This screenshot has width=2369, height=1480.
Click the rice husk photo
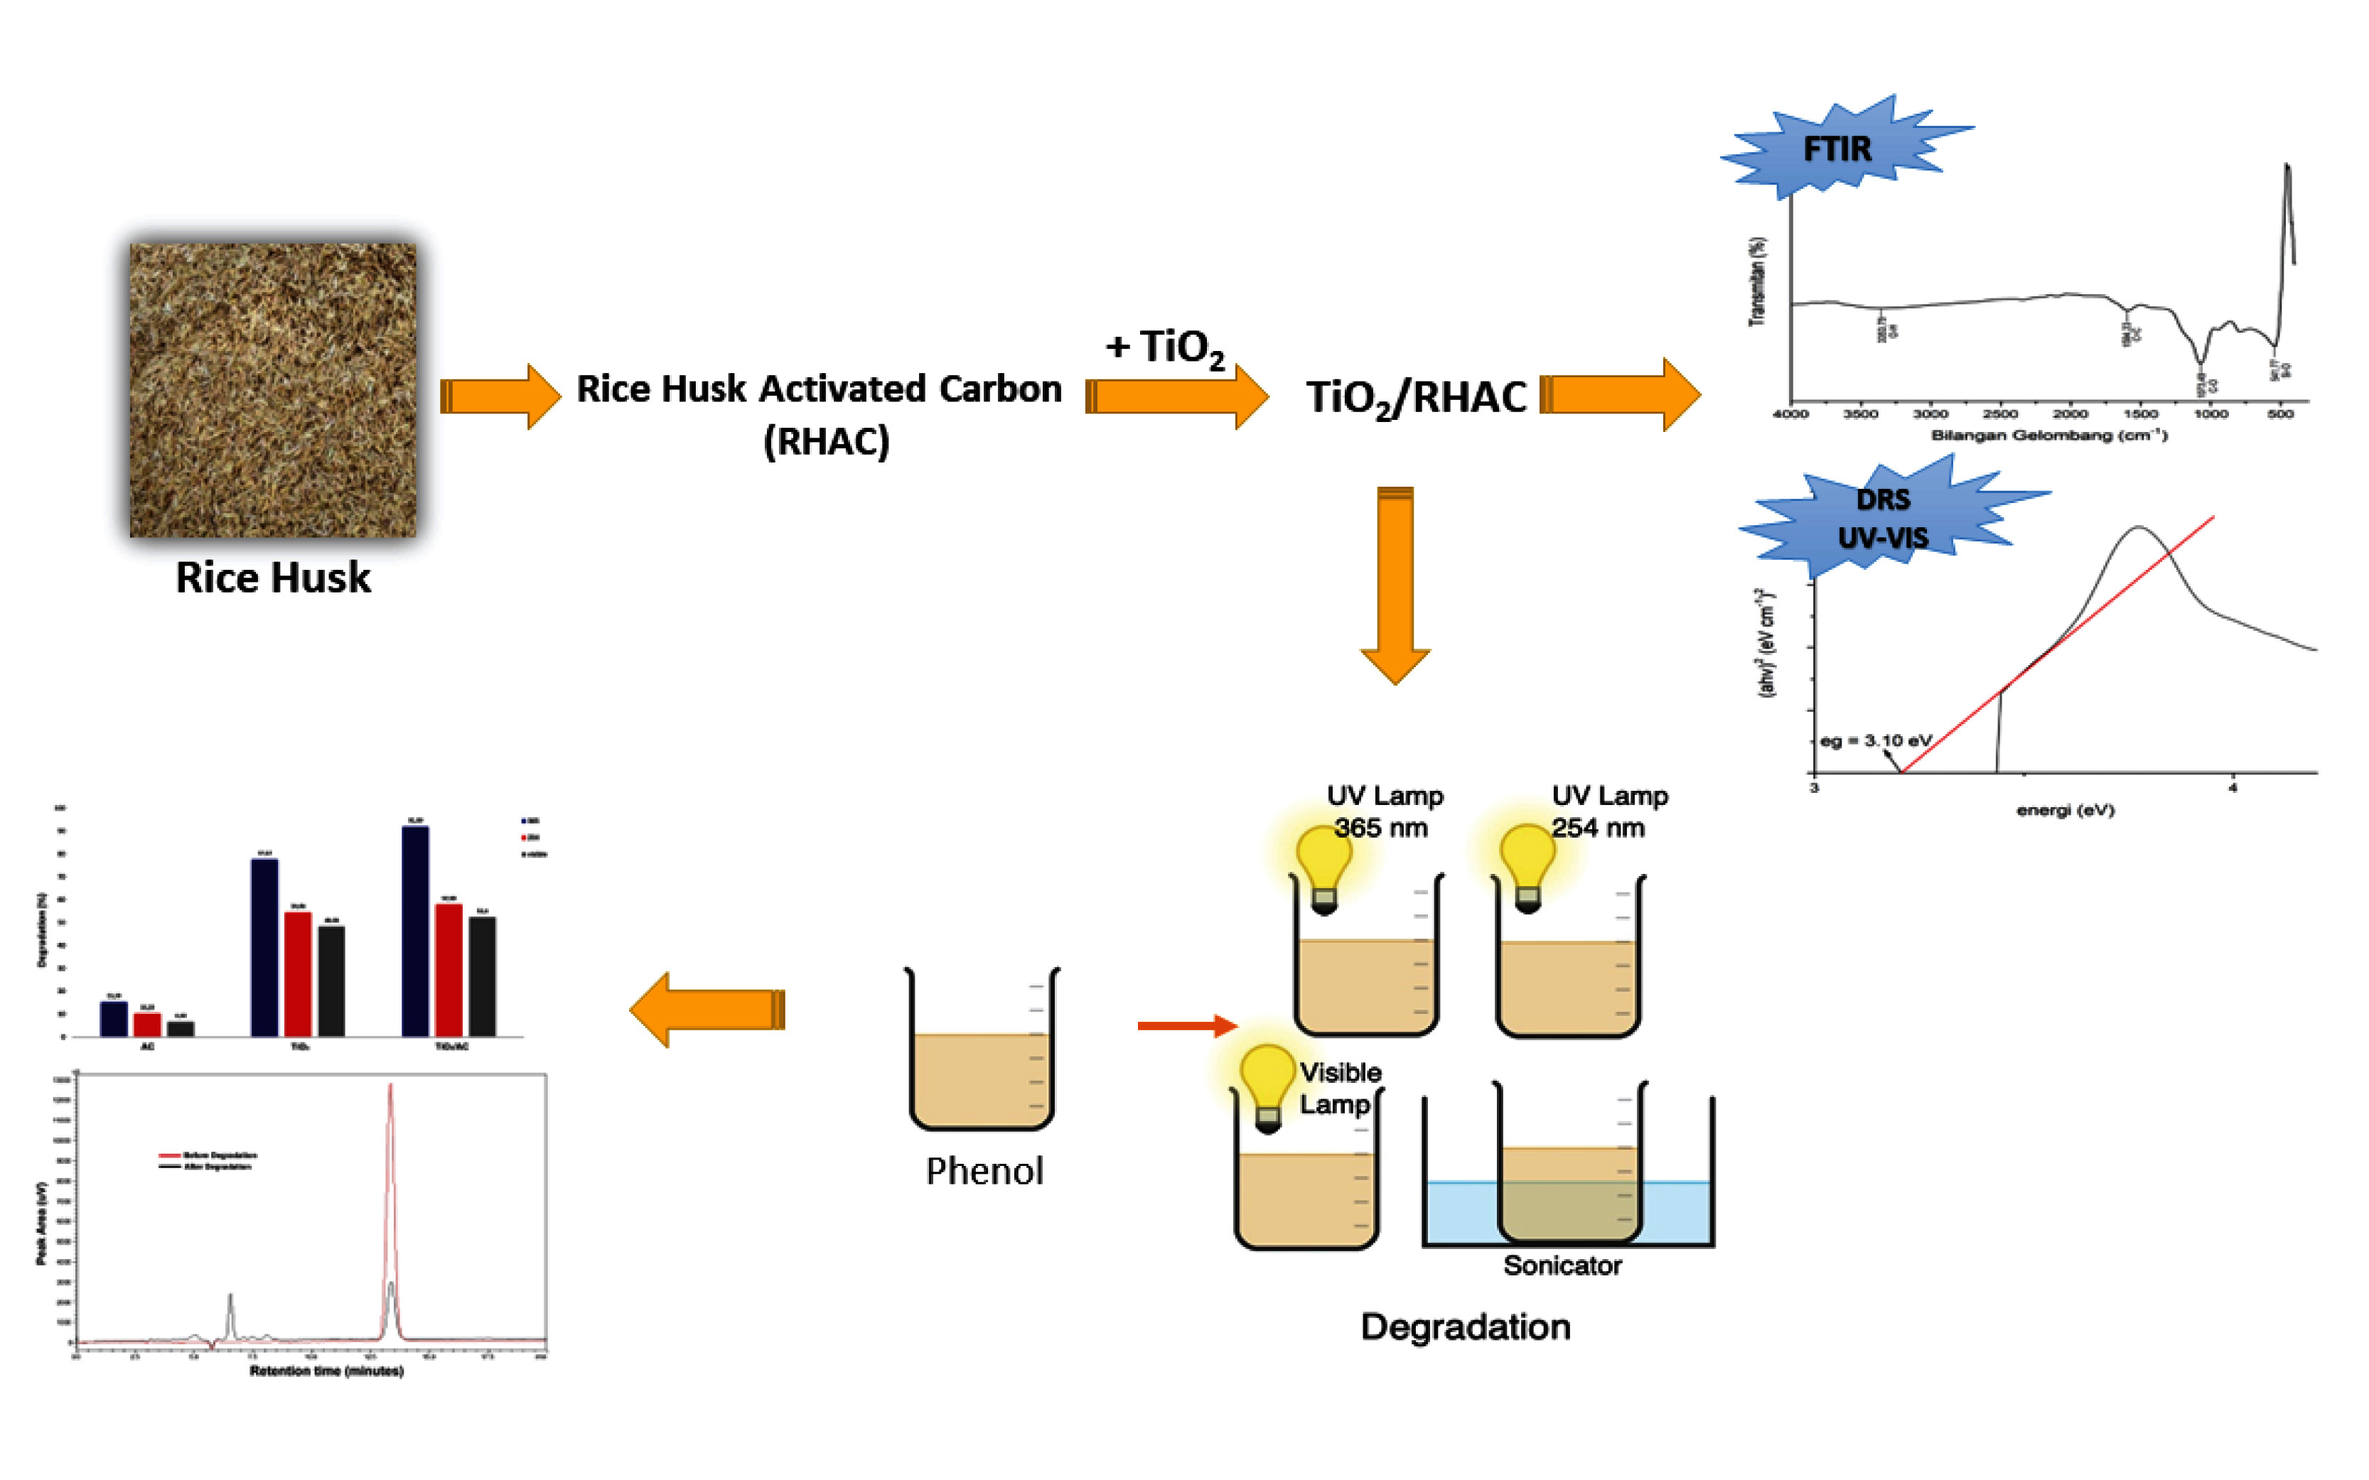pos(273,389)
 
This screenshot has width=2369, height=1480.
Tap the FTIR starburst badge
pos(1837,148)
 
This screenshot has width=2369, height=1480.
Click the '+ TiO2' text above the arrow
pos(1165,347)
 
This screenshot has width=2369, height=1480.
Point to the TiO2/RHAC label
pos(1416,397)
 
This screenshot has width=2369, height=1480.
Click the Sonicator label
pos(1562,1265)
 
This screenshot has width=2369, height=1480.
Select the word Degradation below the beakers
pos(1466,1327)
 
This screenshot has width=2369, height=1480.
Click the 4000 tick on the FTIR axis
pos(1790,414)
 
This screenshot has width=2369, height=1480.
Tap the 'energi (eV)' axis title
pos(2065,811)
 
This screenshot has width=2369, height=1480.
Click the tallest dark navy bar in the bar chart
pos(415,930)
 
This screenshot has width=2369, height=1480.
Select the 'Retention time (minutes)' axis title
pos(326,1371)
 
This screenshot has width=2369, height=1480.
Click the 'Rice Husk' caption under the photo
pos(273,578)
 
